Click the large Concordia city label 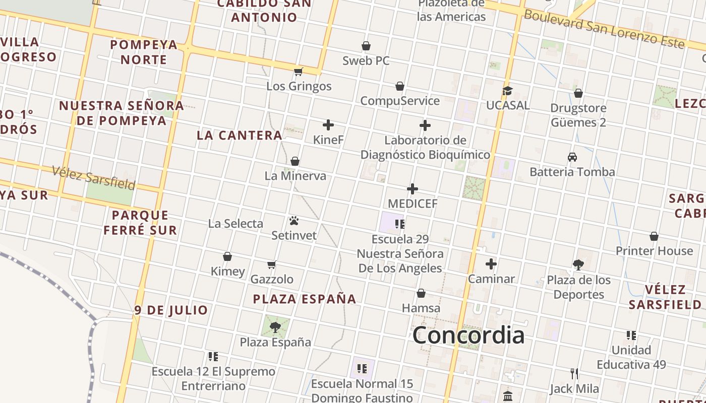click(x=468, y=335)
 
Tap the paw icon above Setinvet click(x=295, y=221)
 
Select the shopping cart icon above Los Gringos click(x=299, y=72)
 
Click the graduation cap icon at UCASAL click(x=507, y=91)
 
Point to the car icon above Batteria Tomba click(x=572, y=157)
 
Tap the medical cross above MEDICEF click(x=413, y=189)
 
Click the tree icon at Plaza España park click(x=275, y=327)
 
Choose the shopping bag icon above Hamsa click(x=421, y=293)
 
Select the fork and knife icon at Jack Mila click(x=574, y=374)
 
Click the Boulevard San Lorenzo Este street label click(x=604, y=29)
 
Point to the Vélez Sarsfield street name click(x=94, y=177)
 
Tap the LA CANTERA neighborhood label click(x=240, y=135)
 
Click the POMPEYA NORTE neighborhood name click(x=144, y=52)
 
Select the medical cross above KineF click(x=328, y=125)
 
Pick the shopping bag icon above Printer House click(x=654, y=236)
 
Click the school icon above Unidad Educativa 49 click(x=631, y=335)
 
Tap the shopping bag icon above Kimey click(x=227, y=256)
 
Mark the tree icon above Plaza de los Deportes click(x=578, y=265)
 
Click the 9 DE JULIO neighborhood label click(x=171, y=310)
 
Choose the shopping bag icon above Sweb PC click(x=366, y=46)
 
